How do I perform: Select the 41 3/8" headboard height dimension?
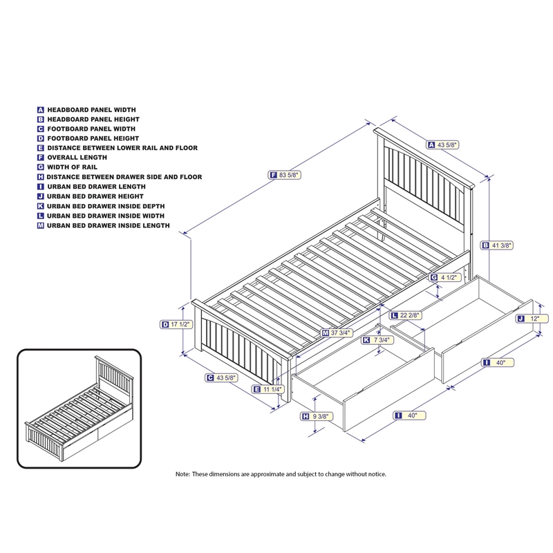tap(507, 245)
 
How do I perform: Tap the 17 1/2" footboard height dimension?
tap(180, 324)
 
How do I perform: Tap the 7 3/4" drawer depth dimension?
tap(382, 340)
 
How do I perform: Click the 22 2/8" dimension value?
tap(413, 316)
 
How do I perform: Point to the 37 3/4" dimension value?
tap(343, 333)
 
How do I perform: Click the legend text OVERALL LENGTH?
tap(77, 158)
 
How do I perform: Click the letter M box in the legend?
tap(41, 225)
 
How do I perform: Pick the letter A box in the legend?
tap(41, 109)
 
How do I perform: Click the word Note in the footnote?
tap(183, 474)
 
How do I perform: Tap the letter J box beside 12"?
tap(520, 319)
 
